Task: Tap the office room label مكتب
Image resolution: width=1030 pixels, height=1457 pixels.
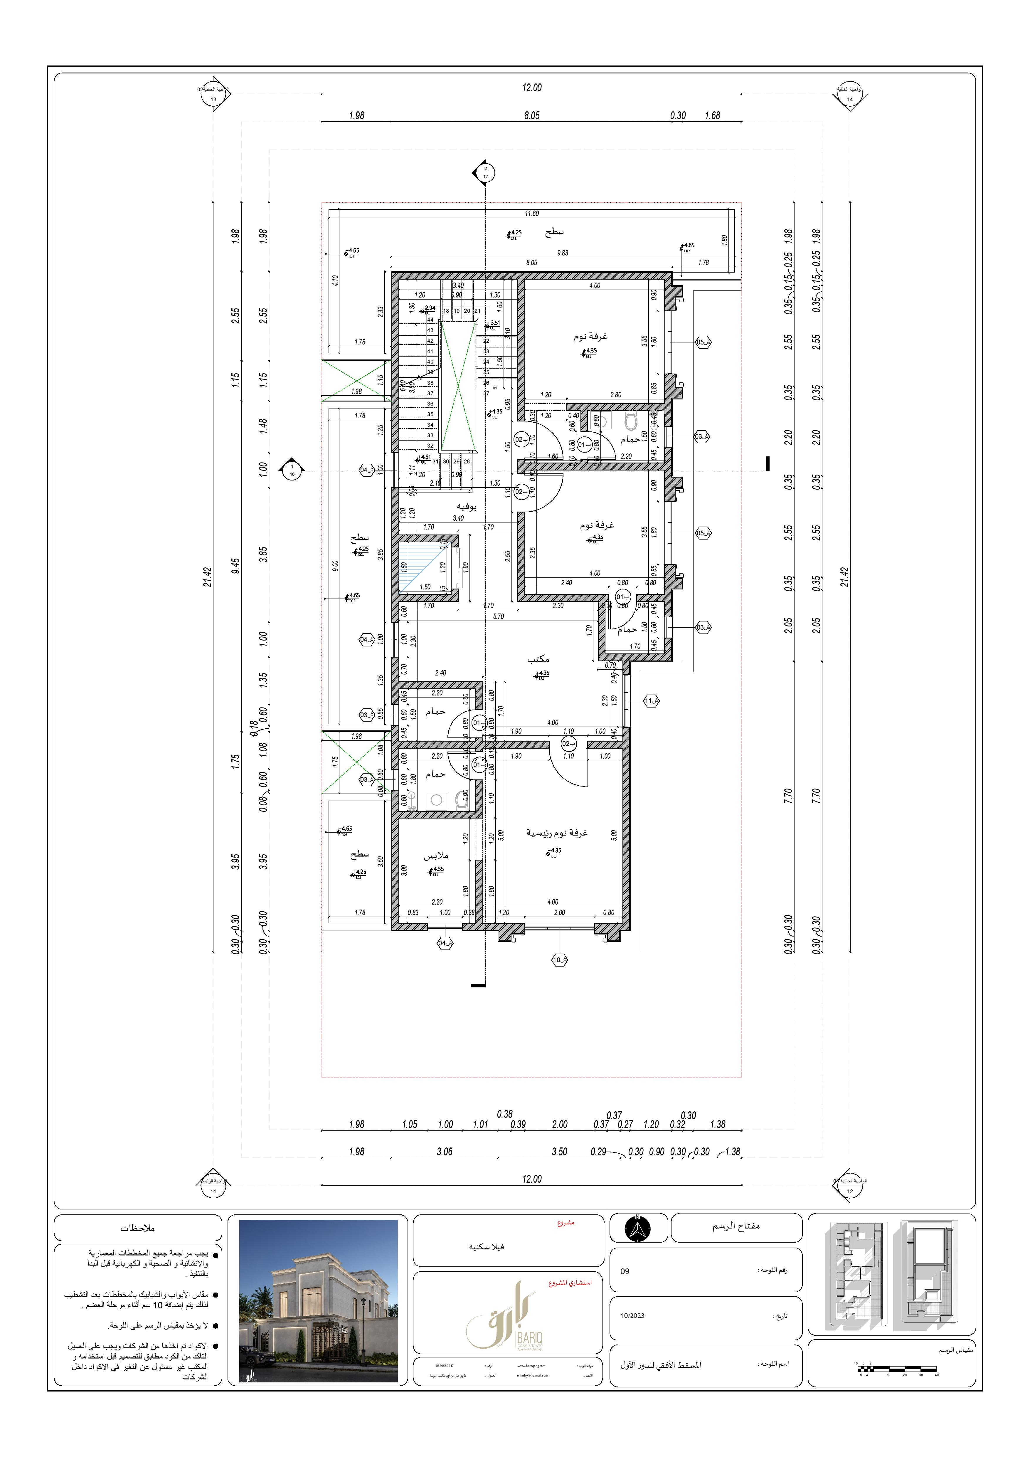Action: (538, 659)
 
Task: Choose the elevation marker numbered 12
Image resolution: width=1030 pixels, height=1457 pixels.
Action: (850, 1191)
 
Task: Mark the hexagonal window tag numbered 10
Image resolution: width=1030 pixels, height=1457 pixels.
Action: (559, 960)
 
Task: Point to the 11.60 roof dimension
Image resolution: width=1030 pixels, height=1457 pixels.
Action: (531, 214)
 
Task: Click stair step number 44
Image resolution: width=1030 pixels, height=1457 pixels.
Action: (430, 320)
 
